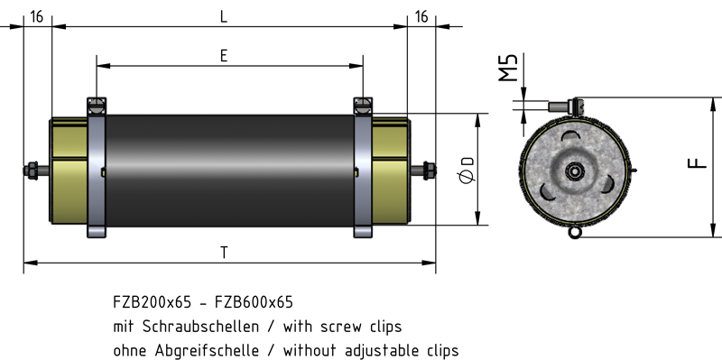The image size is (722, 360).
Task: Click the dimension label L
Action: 223,17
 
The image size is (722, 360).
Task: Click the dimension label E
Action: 223,56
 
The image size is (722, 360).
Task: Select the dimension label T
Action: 224,253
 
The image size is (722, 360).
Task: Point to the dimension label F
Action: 697,163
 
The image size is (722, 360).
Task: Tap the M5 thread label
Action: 508,68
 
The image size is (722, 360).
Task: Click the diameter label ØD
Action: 467,170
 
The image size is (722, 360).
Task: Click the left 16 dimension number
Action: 36,17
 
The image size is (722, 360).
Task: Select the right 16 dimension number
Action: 421,17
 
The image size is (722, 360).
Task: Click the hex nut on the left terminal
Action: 32,171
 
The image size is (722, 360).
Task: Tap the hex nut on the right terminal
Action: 430,171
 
